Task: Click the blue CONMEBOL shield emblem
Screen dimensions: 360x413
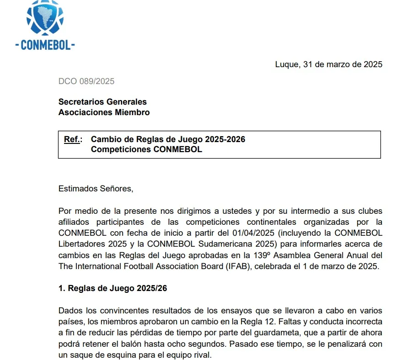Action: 45,19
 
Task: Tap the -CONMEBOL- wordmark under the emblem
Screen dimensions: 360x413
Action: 45,45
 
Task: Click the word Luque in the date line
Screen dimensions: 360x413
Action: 287,64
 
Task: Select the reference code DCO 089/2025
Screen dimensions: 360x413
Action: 86,82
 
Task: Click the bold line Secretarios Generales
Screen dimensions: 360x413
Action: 102,102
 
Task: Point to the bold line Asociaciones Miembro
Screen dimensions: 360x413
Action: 104,112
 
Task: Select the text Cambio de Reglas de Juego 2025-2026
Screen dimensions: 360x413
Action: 168,139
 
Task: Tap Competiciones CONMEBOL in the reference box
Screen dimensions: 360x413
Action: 146,149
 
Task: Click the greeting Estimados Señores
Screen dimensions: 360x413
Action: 96,188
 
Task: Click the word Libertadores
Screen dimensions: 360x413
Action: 82,244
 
